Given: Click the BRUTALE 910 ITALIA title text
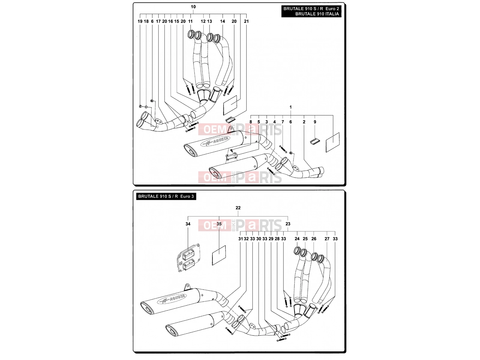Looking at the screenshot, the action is (x=317, y=14).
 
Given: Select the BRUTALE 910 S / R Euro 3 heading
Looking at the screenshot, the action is (x=166, y=196).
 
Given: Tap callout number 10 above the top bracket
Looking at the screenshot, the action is (x=193, y=7).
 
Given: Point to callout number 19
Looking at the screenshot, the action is (x=140, y=21).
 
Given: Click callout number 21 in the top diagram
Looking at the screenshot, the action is (x=246, y=21).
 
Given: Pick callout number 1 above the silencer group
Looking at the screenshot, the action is (x=290, y=107).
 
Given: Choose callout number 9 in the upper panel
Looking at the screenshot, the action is (x=315, y=122).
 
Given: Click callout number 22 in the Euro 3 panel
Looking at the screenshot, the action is (x=238, y=208).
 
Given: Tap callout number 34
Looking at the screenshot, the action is (x=188, y=224).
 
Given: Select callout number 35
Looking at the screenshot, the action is (x=219, y=224).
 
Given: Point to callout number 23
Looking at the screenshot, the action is (x=288, y=224).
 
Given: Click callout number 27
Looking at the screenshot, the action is (x=327, y=239).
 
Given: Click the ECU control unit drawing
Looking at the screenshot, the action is (x=188, y=257).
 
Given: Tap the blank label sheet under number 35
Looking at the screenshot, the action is (x=219, y=255).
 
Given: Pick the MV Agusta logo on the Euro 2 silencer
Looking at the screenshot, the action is (x=215, y=141).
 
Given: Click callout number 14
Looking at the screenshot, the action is (x=222, y=21).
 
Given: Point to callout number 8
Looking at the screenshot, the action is (x=250, y=122).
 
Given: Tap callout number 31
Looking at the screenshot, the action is (x=240, y=239).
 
